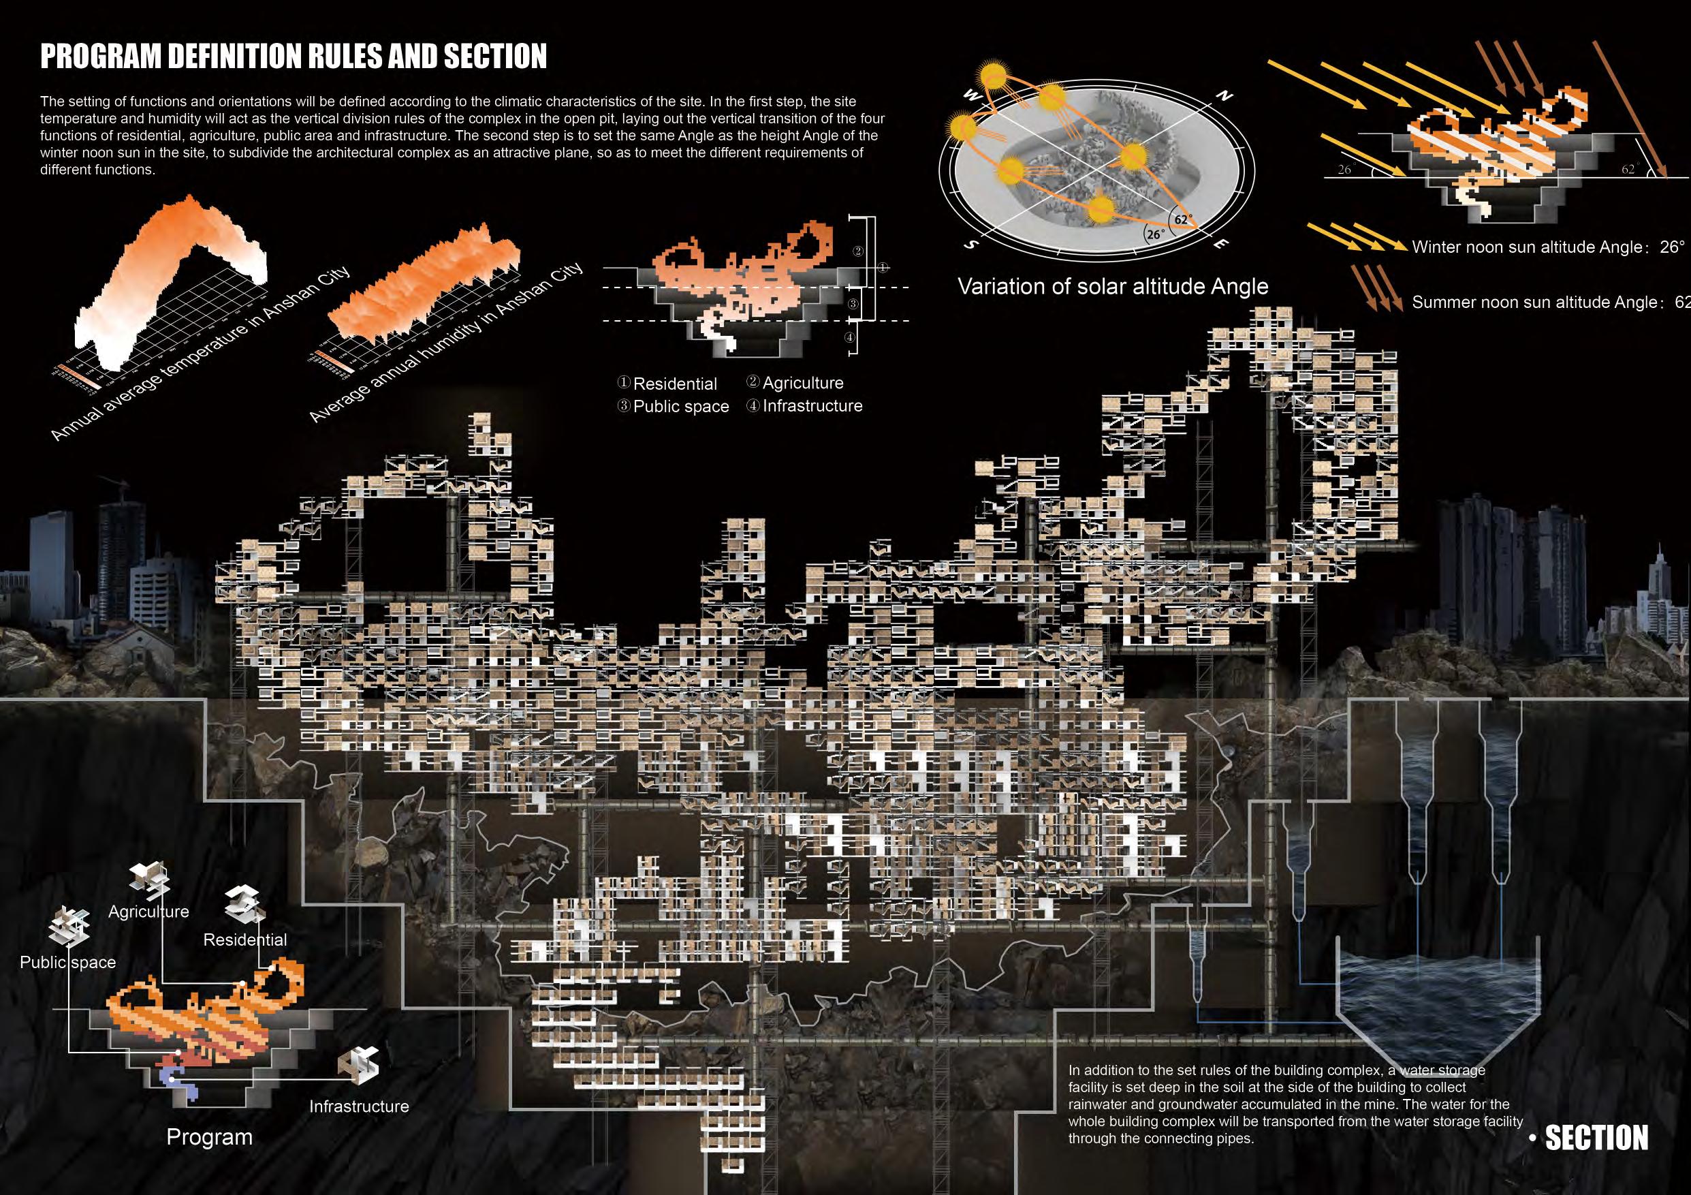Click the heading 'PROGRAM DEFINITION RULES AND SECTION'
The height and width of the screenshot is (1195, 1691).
[293, 57]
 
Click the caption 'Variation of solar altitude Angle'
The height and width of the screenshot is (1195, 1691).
[1113, 286]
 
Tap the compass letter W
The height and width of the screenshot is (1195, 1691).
[970, 96]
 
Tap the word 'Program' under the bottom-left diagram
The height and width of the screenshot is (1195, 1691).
[209, 1137]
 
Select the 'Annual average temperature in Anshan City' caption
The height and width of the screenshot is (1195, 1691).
[199, 354]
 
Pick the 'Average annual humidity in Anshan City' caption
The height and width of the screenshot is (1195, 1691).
[445, 343]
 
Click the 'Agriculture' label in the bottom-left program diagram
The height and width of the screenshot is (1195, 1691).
[148, 912]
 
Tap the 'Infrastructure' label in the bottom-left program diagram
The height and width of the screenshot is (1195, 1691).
[359, 1106]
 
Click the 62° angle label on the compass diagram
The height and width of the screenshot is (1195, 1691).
[1182, 219]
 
